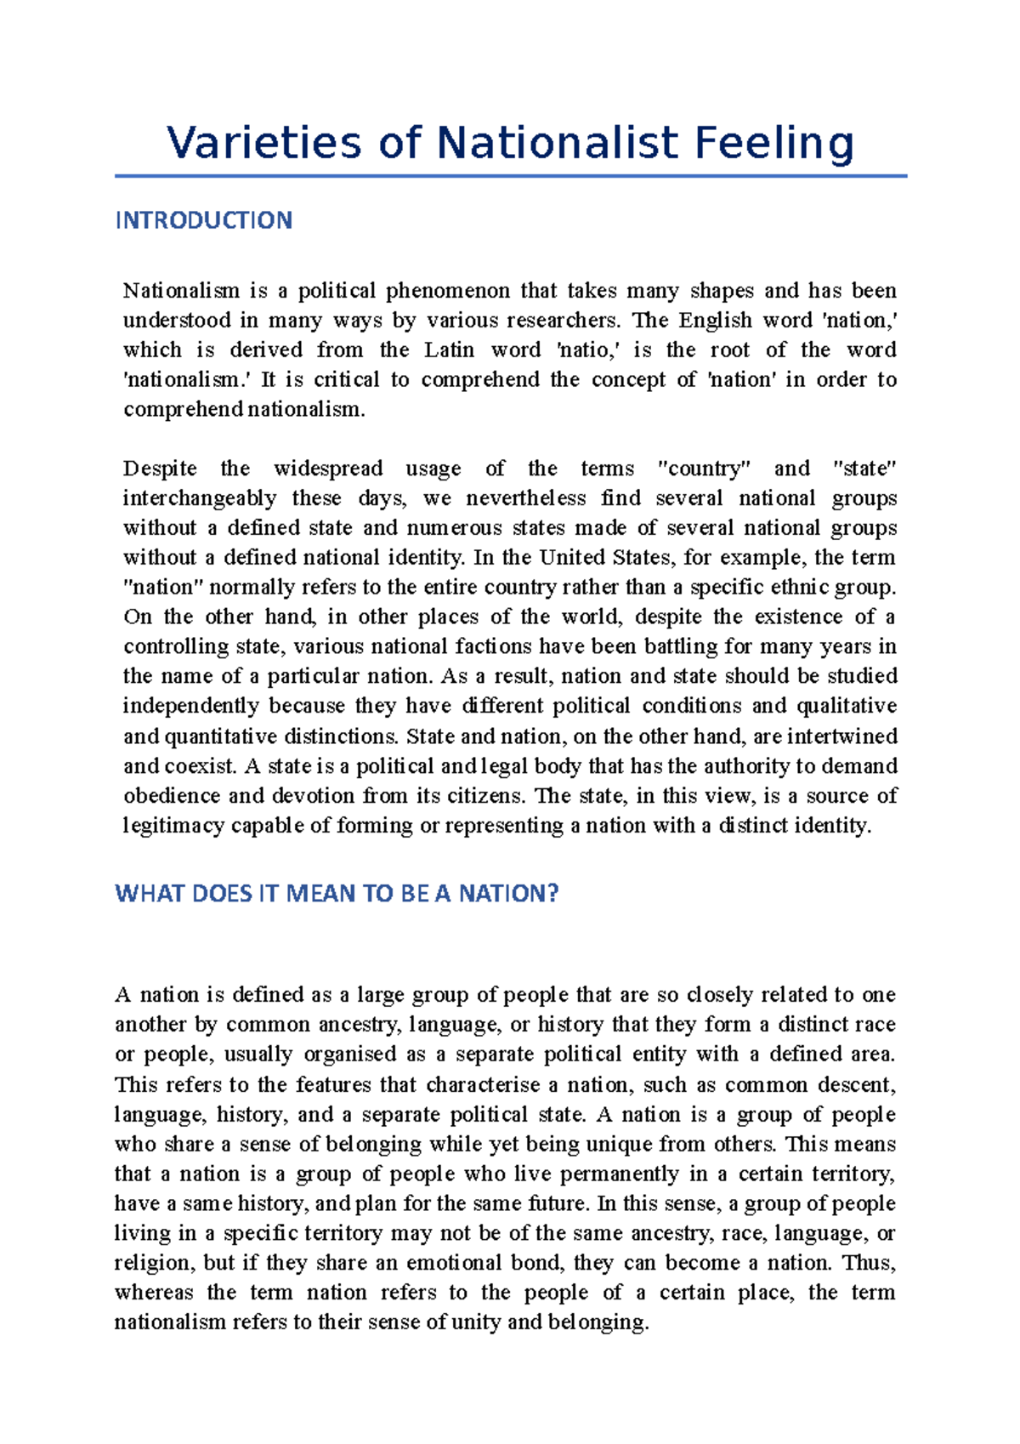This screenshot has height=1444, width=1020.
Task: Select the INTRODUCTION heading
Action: click(203, 220)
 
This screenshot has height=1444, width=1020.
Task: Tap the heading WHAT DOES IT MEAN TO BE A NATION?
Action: click(337, 894)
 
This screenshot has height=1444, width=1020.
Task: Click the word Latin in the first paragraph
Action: click(450, 350)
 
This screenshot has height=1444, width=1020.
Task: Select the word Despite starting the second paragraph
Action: click(160, 469)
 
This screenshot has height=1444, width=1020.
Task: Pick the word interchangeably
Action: click(200, 498)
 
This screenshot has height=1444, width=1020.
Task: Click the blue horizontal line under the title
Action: click(510, 176)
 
